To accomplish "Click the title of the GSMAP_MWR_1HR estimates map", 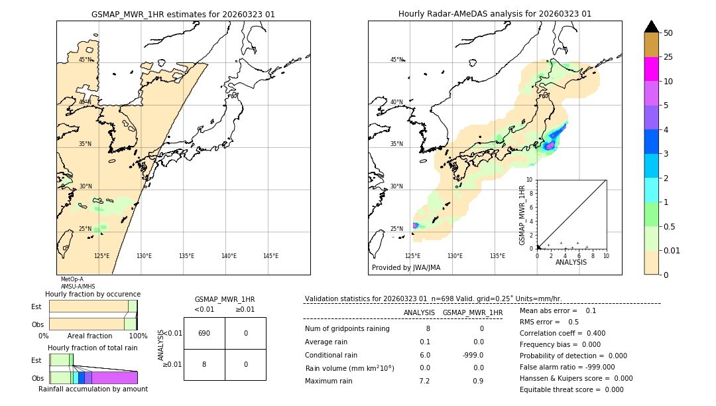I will pos(183,14).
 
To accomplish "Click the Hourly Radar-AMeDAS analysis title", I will pos(495,14).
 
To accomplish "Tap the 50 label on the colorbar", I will pos(668,33).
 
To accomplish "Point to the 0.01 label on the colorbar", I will pos(672,250).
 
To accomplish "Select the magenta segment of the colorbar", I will pos(651,69).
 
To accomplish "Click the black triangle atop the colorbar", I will pos(651,27).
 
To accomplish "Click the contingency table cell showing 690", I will pos(204,333).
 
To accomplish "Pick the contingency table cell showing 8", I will pos(204,364).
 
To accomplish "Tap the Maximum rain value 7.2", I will pos(424,381).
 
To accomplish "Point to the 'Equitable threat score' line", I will pos(571,389).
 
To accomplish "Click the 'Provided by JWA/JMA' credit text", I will pos(406,268).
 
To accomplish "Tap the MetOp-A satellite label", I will pos(72,279).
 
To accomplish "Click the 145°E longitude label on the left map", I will pos(270,256).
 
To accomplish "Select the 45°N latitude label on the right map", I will pos(396,60).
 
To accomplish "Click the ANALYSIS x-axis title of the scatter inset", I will pos(571,262).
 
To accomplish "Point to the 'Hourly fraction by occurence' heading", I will pos(93,294).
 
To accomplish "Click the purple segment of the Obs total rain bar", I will pos(114,377).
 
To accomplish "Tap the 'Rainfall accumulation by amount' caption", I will pos(93,389).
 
